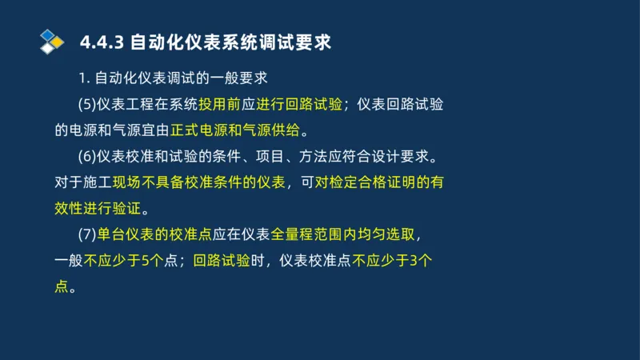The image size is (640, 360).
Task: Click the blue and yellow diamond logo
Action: point(52,41)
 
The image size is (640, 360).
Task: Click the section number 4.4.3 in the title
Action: point(102,42)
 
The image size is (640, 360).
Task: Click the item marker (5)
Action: point(87,104)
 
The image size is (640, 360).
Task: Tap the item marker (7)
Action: point(87,234)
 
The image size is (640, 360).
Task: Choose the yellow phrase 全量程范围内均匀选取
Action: point(342,234)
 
